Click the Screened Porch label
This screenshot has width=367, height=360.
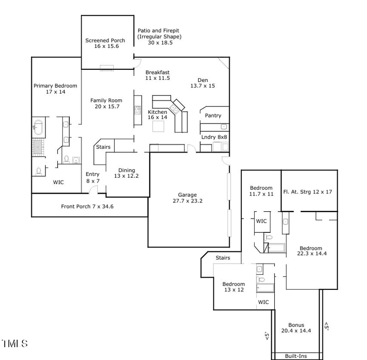click(105, 43)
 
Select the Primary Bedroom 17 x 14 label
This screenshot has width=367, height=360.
click(55, 89)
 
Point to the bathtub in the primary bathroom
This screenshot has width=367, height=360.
click(38, 128)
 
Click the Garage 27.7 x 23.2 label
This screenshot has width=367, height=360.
click(187, 198)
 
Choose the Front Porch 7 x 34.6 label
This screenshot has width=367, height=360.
click(87, 207)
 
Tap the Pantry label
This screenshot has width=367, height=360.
click(213, 116)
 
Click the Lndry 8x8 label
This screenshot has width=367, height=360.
click(214, 137)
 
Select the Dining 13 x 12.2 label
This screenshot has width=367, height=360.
click(127, 173)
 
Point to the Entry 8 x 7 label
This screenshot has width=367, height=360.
click(92, 177)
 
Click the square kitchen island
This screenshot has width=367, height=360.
click(159, 125)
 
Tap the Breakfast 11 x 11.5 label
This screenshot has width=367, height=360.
click(157, 75)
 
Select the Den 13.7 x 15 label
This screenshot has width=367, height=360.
click(202, 83)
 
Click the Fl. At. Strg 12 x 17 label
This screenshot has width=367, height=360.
click(307, 192)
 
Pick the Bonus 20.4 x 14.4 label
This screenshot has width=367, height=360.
click(296, 328)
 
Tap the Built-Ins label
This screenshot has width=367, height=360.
click(296, 356)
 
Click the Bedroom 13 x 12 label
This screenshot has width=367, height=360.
click(234, 287)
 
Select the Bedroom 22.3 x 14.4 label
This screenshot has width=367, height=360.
click(311, 251)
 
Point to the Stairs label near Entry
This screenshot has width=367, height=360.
click(103, 147)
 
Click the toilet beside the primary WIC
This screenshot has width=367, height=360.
click(39, 171)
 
